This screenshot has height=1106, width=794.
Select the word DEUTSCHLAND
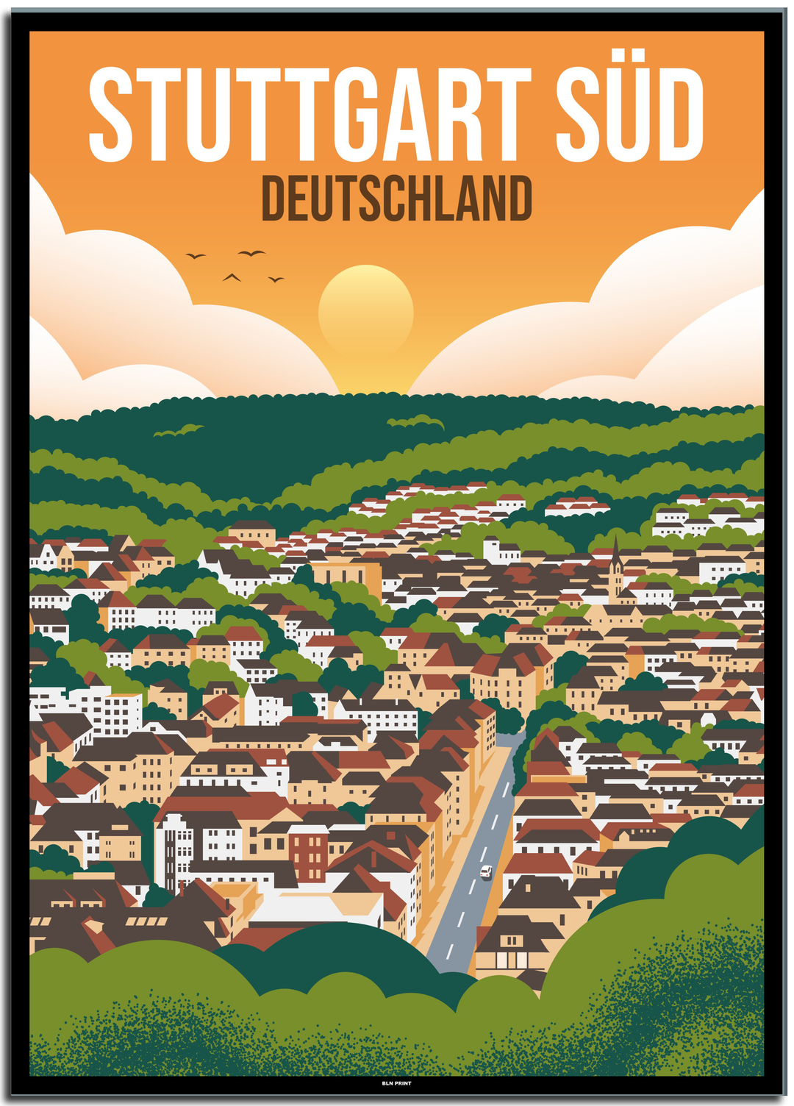click(x=396, y=199)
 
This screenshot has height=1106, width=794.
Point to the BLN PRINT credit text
click(x=396, y=1083)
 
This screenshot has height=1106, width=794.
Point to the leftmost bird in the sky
click(x=195, y=256)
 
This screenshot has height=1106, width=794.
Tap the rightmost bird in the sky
click(x=276, y=279)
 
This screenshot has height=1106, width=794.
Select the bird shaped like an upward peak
click(x=232, y=277)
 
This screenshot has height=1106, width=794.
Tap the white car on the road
click(x=486, y=872)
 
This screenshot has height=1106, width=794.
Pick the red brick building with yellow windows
click(x=308, y=853)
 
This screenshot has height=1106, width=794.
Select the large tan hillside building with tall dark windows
click(x=348, y=574)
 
